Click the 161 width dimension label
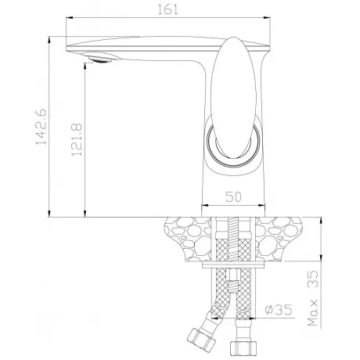(167, 9)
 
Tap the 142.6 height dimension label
(41, 127)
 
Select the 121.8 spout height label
(77, 139)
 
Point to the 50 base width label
(233, 197)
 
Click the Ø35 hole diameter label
(279, 310)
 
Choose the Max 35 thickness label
(313, 298)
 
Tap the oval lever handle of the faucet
(234, 98)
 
